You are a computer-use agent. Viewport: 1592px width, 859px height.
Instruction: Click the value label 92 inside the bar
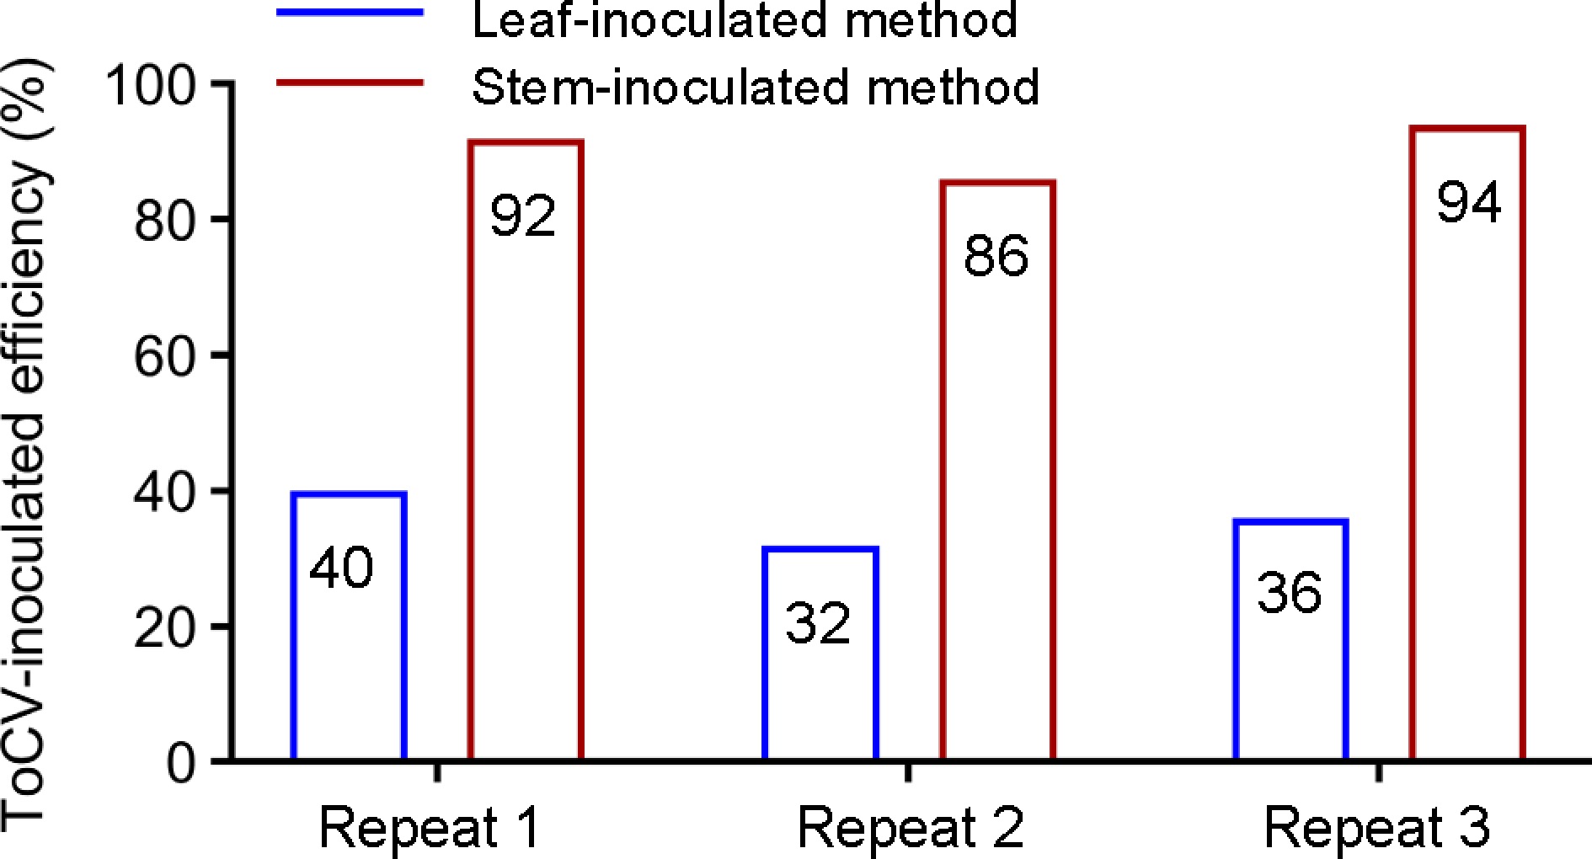pyautogui.click(x=523, y=216)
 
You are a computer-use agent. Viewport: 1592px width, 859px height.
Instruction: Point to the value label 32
pyautogui.click(x=818, y=624)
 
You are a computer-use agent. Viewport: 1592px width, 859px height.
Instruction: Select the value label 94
pyautogui.click(x=1469, y=203)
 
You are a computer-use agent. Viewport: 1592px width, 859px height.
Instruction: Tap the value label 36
pyautogui.click(x=1289, y=592)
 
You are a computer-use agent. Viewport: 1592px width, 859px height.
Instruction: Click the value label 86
pyautogui.click(x=996, y=256)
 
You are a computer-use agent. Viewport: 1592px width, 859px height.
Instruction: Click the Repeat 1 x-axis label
pyautogui.click(x=429, y=827)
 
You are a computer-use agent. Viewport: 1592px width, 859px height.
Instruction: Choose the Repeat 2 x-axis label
pyautogui.click(x=910, y=827)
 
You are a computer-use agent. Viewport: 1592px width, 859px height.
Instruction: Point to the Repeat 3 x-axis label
pyautogui.click(x=1377, y=827)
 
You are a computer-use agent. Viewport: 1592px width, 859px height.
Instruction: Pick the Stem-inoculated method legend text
pyautogui.click(x=756, y=86)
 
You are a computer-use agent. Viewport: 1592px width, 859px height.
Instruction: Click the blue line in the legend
pyautogui.click(x=350, y=12)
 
